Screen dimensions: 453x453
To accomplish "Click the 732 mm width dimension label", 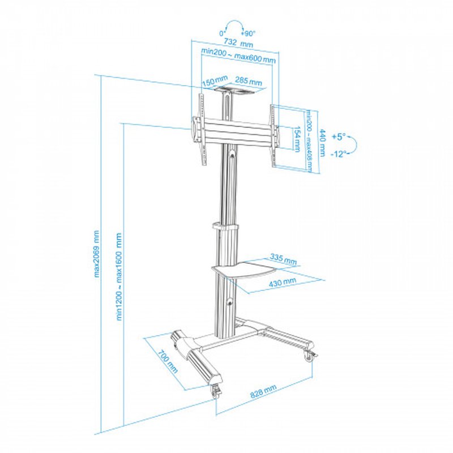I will [238, 43].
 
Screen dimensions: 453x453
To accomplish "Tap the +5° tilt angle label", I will [338, 136].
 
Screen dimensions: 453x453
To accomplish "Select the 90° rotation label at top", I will [250, 33].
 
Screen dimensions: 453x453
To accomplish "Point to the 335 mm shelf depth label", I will [283, 259].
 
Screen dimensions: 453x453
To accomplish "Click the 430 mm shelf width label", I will [283, 281].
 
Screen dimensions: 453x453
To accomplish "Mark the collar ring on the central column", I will [226, 226].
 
